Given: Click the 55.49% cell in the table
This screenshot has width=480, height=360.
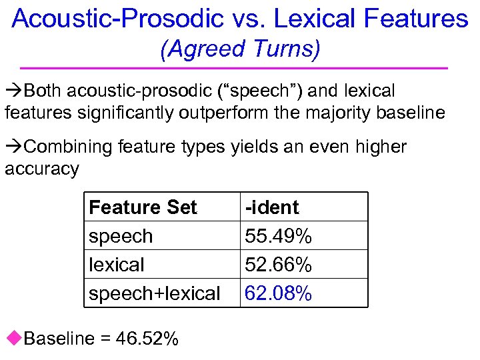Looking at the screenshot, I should click(279, 236).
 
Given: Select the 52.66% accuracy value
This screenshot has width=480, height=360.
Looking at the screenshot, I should click(279, 265).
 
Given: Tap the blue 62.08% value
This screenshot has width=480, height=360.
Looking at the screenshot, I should click(279, 293).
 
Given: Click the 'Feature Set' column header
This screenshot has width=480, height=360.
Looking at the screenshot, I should click(143, 207).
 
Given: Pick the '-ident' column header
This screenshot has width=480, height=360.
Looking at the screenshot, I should click(272, 207).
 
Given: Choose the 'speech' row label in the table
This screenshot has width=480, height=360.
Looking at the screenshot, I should click(121, 236).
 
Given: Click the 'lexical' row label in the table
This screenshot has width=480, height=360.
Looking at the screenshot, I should click(117, 265).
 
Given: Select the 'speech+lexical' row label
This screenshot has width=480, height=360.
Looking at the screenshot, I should click(154, 293).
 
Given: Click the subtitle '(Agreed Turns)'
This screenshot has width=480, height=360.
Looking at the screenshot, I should click(240, 49).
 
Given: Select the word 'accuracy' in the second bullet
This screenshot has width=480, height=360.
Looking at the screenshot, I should click(41, 169).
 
